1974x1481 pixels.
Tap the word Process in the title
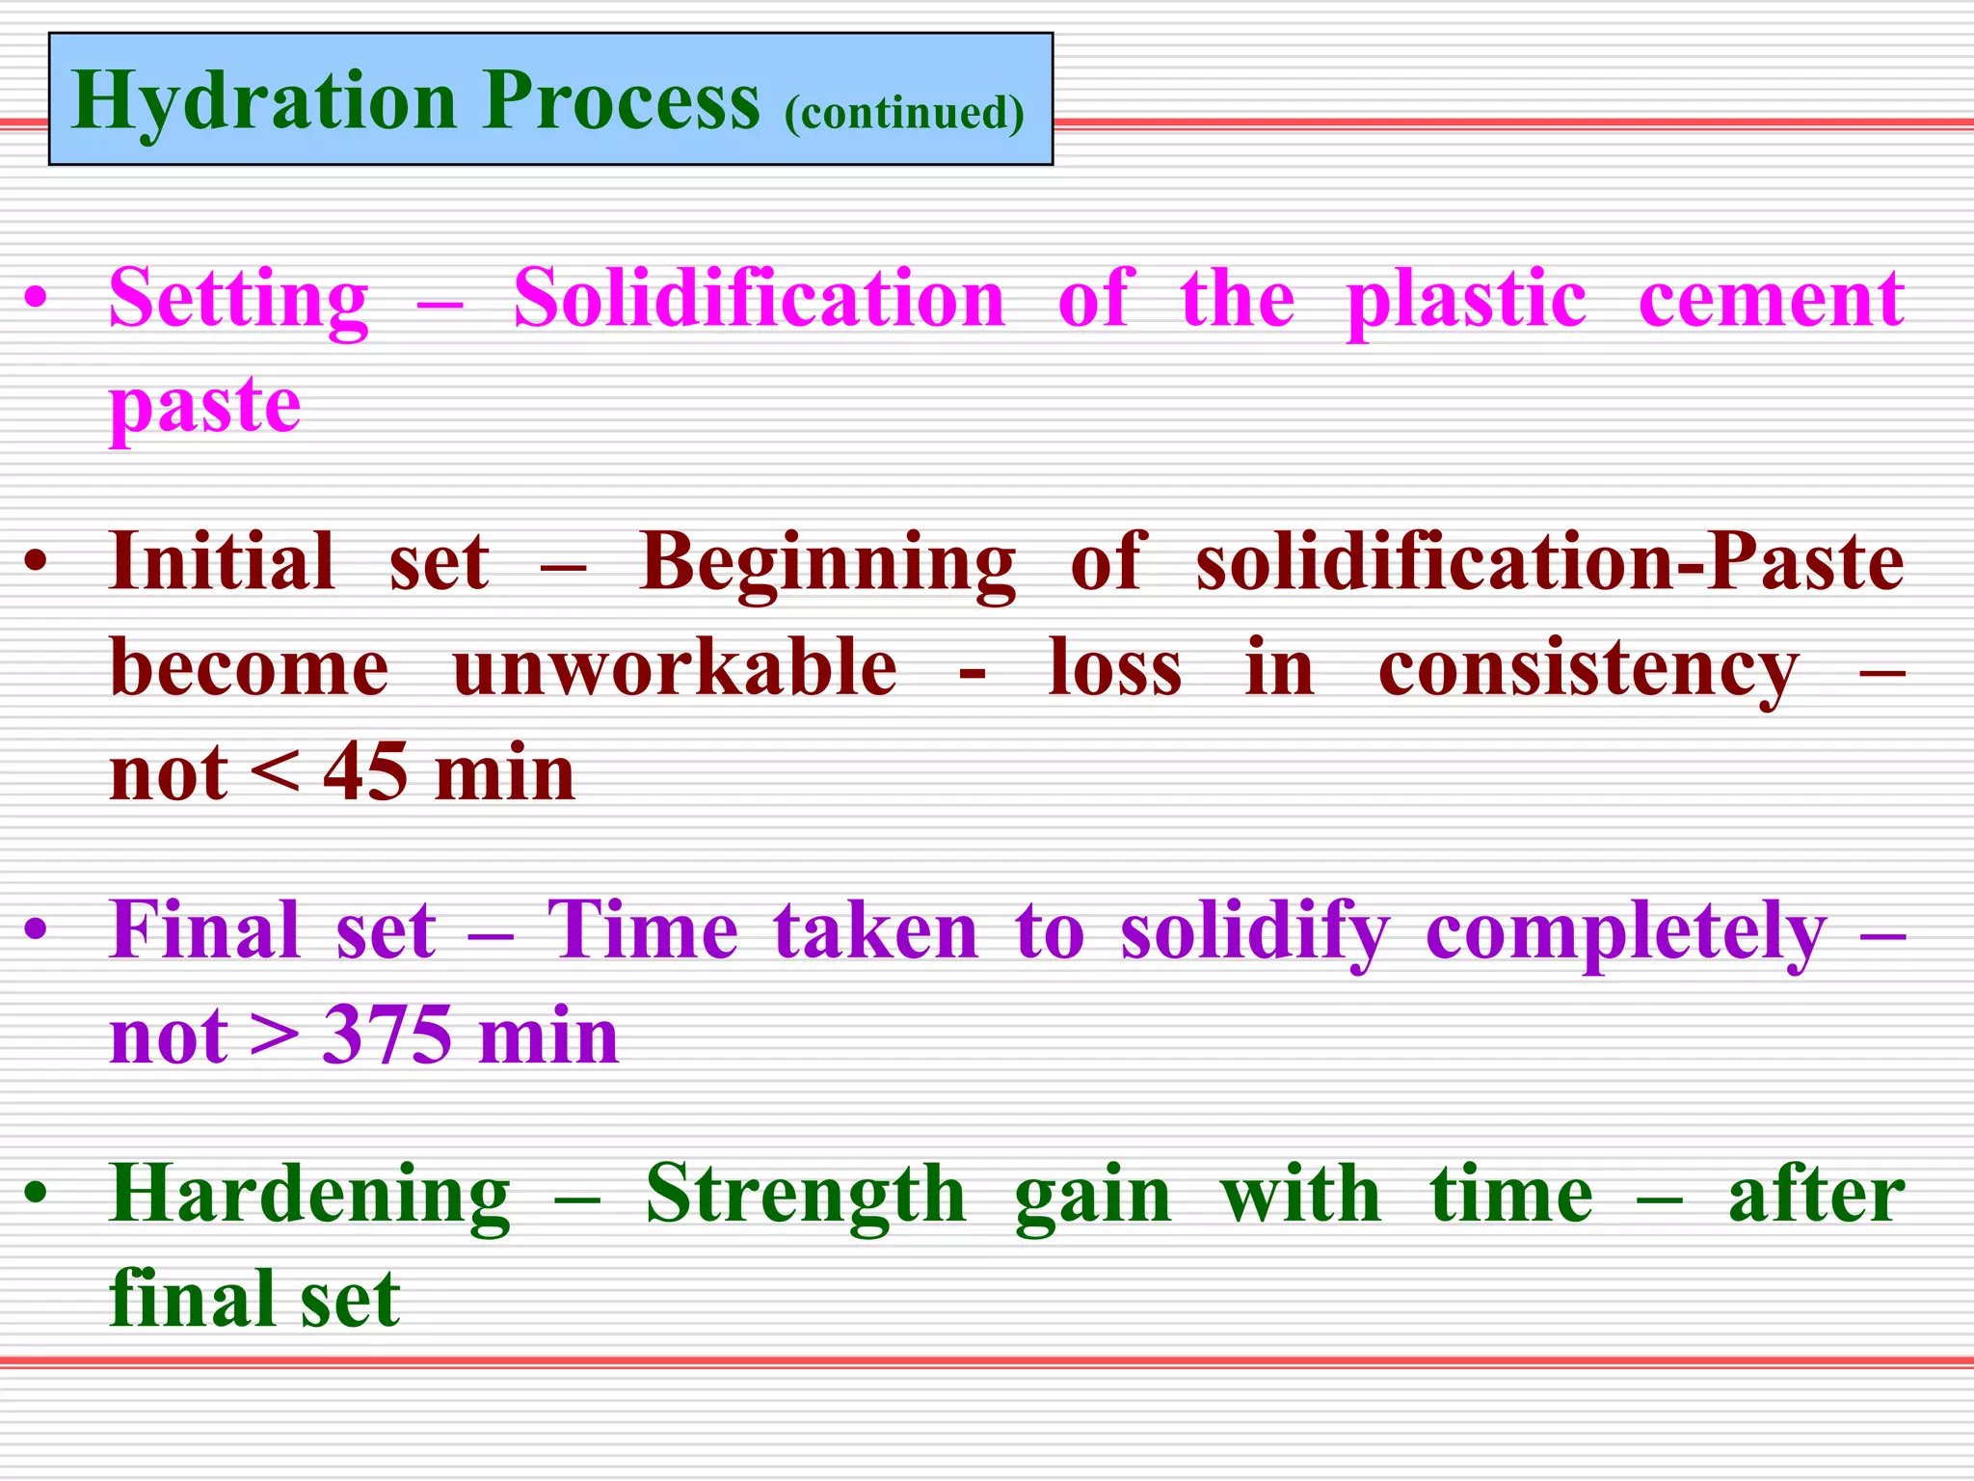click(x=622, y=102)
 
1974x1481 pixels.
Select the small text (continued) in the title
click(x=903, y=113)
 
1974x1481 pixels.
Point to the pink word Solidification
click(x=760, y=299)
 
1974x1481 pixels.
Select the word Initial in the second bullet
click(x=222, y=562)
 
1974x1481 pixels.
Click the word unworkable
click(x=675, y=668)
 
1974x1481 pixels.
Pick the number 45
click(x=365, y=773)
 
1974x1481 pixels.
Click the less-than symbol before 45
click(x=275, y=774)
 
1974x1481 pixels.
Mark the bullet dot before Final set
click(x=36, y=931)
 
